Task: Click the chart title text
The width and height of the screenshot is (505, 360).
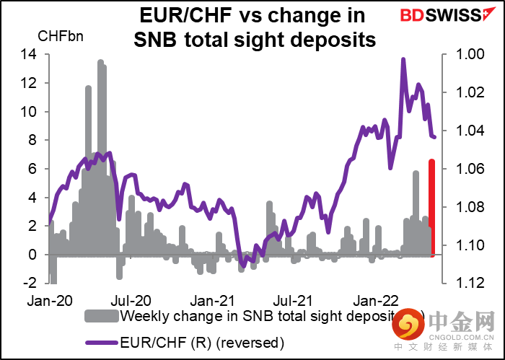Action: (x=255, y=27)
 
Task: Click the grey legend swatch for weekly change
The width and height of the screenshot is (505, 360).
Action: (x=102, y=316)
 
